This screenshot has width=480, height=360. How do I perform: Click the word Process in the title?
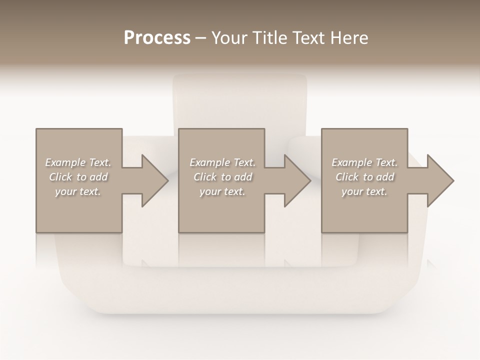click(x=157, y=38)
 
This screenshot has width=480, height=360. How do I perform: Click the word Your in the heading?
click(x=229, y=38)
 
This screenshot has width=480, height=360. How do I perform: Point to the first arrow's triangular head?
click(x=155, y=180)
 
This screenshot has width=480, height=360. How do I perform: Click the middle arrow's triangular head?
click(x=297, y=180)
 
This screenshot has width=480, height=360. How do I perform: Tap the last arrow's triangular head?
click(x=440, y=180)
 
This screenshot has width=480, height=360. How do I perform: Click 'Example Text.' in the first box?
click(x=78, y=162)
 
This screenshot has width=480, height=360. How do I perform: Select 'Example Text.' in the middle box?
click(x=222, y=162)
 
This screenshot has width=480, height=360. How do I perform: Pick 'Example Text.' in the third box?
click(x=364, y=162)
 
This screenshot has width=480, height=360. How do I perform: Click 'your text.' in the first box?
click(x=78, y=191)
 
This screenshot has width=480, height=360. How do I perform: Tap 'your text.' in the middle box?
click(x=222, y=191)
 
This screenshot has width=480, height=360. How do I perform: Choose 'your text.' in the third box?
click(x=364, y=191)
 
